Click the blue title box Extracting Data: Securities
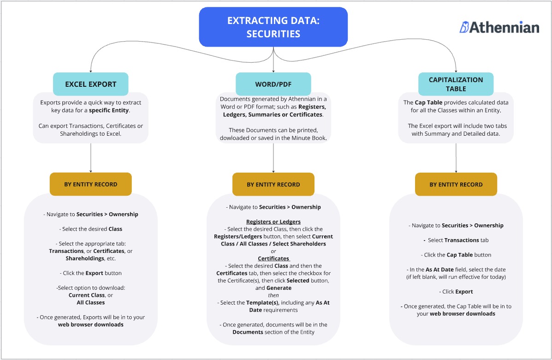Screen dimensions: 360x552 tap(273, 27)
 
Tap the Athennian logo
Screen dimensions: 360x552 tap(499, 27)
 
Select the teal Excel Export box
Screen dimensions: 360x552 tap(90, 84)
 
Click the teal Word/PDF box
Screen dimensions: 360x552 tap(273, 84)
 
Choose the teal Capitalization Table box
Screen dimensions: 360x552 tap(456, 84)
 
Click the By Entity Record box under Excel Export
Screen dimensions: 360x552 tap(90, 184)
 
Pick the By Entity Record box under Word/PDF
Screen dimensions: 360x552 tap(273, 184)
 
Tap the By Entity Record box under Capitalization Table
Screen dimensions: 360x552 tap(456, 184)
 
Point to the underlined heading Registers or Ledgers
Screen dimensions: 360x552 tap(273, 222)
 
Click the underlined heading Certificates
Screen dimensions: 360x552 tap(273, 258)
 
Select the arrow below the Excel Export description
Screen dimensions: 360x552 tap(90, 157)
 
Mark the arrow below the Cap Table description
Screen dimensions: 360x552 tap(456, 157)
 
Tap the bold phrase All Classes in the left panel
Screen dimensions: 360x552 tap(90, 302)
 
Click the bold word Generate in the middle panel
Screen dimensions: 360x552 tap(279, 288)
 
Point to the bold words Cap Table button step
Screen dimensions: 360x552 tap(462, 255)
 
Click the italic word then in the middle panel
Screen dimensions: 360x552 tap(273, 295)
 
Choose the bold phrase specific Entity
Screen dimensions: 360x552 tap(109, 110)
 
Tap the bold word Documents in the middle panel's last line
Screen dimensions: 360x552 tap(247, 332)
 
